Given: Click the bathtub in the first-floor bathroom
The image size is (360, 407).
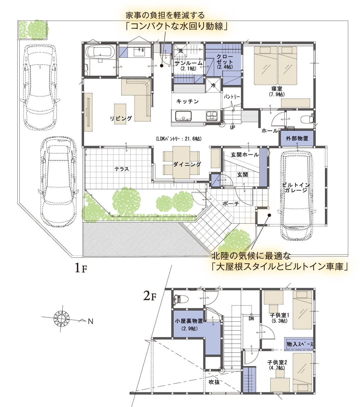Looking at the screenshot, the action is (100, 52).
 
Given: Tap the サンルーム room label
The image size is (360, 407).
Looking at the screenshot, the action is (188, 63).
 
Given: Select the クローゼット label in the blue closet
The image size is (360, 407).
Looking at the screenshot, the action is (225, 59).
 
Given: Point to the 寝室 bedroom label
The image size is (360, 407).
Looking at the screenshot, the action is (277, 89).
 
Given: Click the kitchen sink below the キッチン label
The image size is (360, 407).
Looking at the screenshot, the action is (183, 116).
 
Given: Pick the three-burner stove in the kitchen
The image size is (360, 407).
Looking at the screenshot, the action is (212, 116).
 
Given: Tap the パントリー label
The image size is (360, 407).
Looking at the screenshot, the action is (232, 97).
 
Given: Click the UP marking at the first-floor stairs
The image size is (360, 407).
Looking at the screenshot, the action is (233, 127).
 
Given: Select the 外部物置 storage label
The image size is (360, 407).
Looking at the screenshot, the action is (297, 138).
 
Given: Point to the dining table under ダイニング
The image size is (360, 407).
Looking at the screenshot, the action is (181, 162).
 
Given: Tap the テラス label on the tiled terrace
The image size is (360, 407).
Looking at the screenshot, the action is (122, 169).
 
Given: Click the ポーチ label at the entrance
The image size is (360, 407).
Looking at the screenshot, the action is (231, 204).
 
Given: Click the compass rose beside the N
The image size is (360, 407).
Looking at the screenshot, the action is (62, 318).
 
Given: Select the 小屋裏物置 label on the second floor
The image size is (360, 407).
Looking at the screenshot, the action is (189, 321).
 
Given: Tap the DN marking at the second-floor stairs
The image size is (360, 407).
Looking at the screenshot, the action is (251, 318).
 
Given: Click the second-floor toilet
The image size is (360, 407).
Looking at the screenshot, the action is (181, 299).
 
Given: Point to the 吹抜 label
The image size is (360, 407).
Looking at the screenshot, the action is (214, 382).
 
